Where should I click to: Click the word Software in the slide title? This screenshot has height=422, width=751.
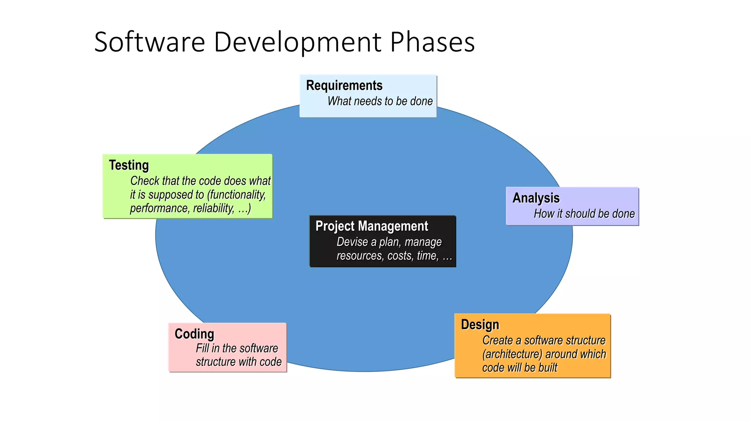pos(149,42)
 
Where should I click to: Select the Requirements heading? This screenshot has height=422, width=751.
pos(344,85)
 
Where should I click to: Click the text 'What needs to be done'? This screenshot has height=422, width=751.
pos(380,101)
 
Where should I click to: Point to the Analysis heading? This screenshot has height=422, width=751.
pos(536,198)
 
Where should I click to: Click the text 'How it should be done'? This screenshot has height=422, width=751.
pos(584,214)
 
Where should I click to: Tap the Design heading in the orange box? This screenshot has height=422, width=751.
pos(480,325)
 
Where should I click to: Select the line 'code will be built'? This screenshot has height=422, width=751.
pos(519,367)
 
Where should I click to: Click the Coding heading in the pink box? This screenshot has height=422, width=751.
pos(194,334)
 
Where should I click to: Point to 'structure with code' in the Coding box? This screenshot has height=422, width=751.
pos(238,362)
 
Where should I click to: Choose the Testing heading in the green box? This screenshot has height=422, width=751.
pos(129,165)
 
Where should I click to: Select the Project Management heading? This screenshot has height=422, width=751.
pos(371,226)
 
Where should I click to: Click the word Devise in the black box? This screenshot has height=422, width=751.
pos(352,242)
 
